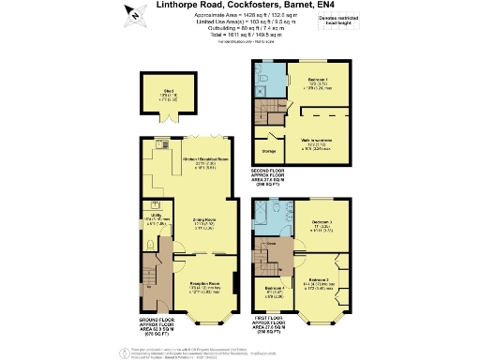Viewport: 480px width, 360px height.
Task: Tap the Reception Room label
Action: (x=201, y=285)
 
